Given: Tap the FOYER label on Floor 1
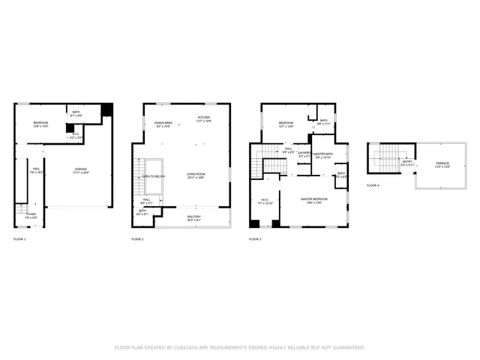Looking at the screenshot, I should tap(31, 214).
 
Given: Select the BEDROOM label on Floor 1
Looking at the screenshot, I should tap(41, 122).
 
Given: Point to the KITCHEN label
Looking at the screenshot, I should tap(204, 118).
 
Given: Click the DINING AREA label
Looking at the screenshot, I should tap(163, 123).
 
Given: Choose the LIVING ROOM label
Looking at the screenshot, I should tap(196, 175).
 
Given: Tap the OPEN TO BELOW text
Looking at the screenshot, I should tap(153, 176).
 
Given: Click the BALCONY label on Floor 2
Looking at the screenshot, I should tap(193, 217).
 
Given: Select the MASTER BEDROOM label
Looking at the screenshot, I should tap(315, 199).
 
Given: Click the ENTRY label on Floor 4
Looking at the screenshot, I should tap(407, 161).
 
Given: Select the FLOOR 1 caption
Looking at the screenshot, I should tap(19, 238).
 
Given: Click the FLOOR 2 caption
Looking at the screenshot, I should tap(137, 238).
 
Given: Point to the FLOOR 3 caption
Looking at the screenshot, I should tap(255, 238).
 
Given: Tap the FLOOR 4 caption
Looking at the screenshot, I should tap(373, 184).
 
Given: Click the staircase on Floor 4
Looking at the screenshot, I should tap(386, 158).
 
